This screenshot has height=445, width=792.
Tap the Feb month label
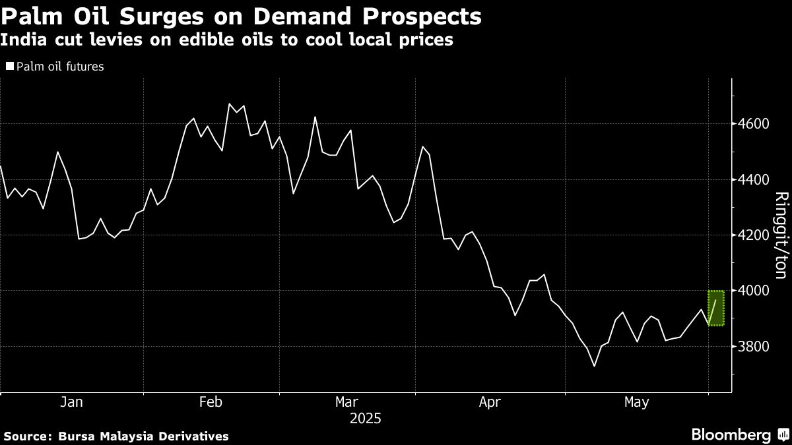click(x=210, y=401)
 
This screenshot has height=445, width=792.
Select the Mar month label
click(x=347, y=401)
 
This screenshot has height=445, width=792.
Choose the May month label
click(x=637, y=401)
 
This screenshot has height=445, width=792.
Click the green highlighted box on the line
click(x=716, y=308)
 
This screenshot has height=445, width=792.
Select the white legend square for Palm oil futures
click(x=9, y=67)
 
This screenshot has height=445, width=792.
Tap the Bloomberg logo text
click(x=731, y=435)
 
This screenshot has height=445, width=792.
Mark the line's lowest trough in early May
click(x=594, y=367)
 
